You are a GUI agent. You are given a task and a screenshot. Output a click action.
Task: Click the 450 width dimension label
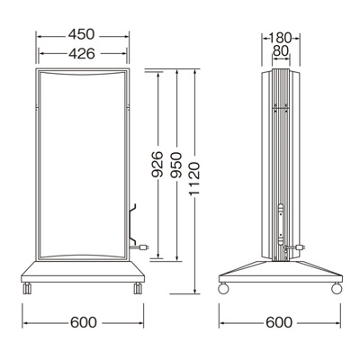coord(81,34)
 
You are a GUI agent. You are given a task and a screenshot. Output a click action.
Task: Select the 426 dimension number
coord(82,54)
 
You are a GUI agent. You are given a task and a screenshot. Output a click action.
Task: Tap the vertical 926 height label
coord(157,165)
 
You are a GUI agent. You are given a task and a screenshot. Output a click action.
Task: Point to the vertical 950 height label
coord(175,165)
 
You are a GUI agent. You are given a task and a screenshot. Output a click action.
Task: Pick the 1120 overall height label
coord(194,179)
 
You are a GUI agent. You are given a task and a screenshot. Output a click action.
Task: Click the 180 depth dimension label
coord(280,38)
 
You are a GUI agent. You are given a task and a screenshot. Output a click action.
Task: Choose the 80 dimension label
coord(281,51)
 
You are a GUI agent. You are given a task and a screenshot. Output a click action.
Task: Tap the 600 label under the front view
coord(84,322)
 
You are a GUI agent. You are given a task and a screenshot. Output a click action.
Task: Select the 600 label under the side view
coord(279,322)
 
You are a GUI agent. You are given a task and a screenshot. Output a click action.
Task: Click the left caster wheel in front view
coord(27,288)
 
